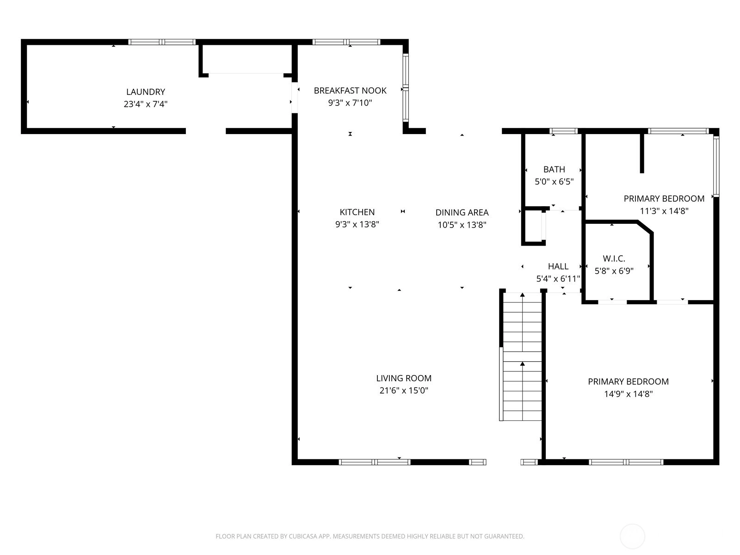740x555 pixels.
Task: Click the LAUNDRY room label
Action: (146, 92)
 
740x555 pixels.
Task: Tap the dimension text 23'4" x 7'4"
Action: (146, 104)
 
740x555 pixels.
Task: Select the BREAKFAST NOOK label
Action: (350, 90)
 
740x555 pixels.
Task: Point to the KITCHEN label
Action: (357, 212)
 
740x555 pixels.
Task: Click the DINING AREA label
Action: (462, 212)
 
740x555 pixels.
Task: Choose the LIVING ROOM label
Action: (404, 378)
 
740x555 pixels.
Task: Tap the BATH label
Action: (554, 169)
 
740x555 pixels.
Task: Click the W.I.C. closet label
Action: (614, 259)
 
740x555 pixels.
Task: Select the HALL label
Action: (558, 266)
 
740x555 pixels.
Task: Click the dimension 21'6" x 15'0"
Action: (404, 390)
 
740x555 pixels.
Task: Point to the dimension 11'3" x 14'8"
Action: (664, 211)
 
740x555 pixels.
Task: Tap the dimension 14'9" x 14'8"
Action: (628, 394)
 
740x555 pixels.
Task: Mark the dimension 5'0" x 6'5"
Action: (554, 181)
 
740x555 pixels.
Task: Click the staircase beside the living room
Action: (522, 357)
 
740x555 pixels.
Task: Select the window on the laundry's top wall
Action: (162, 42)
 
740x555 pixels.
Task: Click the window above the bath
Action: (563, 131)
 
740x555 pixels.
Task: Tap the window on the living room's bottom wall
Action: (375, 462)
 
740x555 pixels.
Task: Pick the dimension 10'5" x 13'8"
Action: (462, 225)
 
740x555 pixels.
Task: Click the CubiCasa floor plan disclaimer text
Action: (370, 536)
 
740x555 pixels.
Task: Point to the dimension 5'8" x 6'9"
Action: (614, 271)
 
